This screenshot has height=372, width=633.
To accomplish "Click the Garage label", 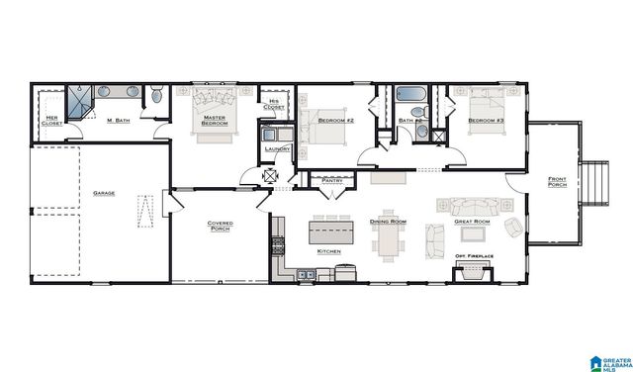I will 102,193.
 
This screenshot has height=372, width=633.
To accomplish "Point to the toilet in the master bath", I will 156,96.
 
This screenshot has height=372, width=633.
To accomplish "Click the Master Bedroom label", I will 216,121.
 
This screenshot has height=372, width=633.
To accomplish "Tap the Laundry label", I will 276,149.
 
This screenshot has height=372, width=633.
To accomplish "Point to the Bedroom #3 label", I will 486,121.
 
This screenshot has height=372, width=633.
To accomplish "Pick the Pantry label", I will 330,180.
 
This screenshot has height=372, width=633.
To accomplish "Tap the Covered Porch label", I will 220,227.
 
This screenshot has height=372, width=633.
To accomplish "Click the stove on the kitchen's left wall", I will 278,245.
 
